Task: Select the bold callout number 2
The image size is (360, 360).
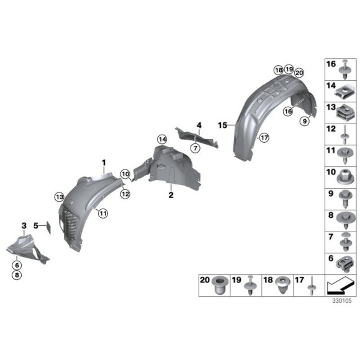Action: pyautogui.click(x=170, y=195)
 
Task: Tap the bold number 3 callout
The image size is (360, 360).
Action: pyautogui.click(x=24, y=225)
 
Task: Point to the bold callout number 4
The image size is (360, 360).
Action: pyautogui.click(x=199, y=125)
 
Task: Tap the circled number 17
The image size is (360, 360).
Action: pyautogui.click(x=263, y=137)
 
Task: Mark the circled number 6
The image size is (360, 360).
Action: pyautogui.click(x=16, y=264)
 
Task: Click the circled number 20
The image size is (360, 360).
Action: pyautogui.click(x=299, y=72)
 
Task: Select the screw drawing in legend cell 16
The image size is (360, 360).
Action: pyautogui.click(x=346, y=66)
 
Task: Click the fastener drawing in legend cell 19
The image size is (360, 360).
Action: pyautogui.click(x=251, y=286)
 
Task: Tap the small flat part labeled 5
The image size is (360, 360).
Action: pyautogui.click(x=45, y=227)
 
